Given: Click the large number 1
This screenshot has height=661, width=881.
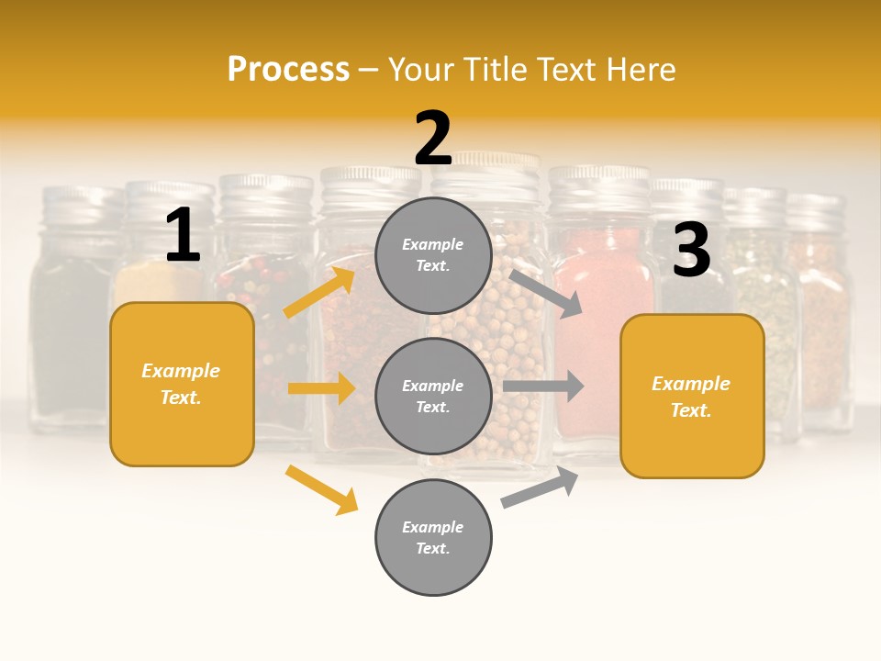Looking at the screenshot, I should coord(182,236).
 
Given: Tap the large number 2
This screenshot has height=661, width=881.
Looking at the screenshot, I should coord(433,139).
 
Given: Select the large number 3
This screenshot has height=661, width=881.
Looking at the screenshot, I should coord(691,250).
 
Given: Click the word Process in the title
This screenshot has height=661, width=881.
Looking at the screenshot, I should coord(288,69).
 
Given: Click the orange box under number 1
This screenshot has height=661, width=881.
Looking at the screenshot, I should coord(182,384).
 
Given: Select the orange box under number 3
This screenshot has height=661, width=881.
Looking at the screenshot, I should coord(692,396).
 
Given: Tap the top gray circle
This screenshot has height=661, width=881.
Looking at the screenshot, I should coord(433,255).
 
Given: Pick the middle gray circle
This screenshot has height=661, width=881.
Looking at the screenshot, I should coord(433,396).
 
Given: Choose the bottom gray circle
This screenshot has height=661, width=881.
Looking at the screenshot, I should coord(433,537).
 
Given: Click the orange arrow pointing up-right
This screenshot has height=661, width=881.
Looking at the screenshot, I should coord(319,292).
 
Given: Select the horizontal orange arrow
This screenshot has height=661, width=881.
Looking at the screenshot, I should coord(321,388).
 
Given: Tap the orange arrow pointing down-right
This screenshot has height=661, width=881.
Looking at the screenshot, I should coord(321,489).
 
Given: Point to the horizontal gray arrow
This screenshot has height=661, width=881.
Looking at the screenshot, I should coord(543,386).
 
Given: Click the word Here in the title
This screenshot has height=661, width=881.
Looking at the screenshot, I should coord(643,69).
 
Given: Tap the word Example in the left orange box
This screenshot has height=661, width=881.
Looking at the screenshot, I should coord(181,371).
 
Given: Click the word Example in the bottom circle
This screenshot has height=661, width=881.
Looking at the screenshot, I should coord(433,527).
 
